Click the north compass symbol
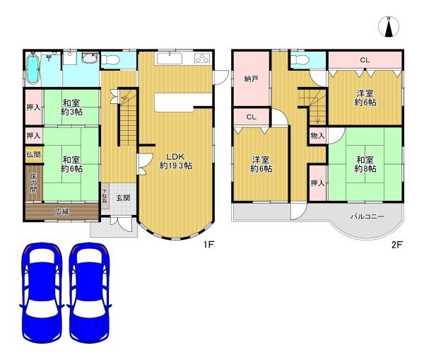[389, 27]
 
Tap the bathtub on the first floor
[33, 68]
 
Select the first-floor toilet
[111, 59]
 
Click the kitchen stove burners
[202, 59]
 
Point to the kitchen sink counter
[169, 59]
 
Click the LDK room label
[176, 161]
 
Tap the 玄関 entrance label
[123, 198]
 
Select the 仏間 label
[33, 155]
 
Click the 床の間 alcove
[34, 183]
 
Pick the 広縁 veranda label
[62, 211]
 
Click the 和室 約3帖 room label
[71, 108]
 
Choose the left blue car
[42, 292]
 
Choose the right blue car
[90, 292]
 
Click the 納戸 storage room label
[251, 79]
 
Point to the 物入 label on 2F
[317, 136]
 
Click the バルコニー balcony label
[367, 217]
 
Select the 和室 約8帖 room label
[365, 164]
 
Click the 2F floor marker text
[396, 245]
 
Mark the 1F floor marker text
[208, 245]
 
